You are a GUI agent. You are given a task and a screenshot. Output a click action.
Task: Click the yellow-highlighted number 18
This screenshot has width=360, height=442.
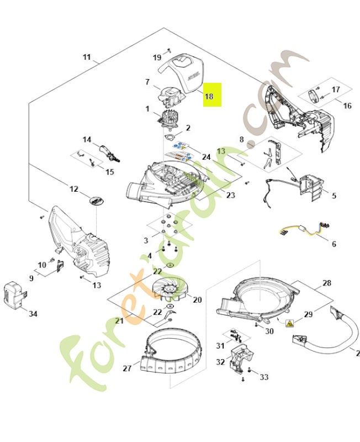(209, 96)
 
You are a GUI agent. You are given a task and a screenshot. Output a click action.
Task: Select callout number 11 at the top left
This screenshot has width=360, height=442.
(87, 57)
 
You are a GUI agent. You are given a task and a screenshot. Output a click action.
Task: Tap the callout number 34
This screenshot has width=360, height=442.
(33, 314)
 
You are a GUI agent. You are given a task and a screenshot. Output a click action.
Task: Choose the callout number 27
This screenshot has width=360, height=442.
(128, 367)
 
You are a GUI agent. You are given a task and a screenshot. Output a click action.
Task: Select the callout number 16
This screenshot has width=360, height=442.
(347, 106)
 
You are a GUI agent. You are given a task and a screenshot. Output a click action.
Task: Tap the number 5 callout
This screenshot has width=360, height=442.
(333, 196)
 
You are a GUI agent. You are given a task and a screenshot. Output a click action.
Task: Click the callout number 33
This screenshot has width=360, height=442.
(264, 377)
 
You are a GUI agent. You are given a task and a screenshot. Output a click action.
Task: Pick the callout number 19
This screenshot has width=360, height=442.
(157, 57)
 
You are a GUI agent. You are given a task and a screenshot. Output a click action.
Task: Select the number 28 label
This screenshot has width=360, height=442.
(327, 283)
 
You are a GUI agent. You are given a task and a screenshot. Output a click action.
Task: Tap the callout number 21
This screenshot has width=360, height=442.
(119, 321)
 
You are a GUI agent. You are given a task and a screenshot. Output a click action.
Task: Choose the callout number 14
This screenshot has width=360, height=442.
(87, 139)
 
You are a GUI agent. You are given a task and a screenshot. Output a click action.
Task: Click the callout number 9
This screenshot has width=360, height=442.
(31, 278)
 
